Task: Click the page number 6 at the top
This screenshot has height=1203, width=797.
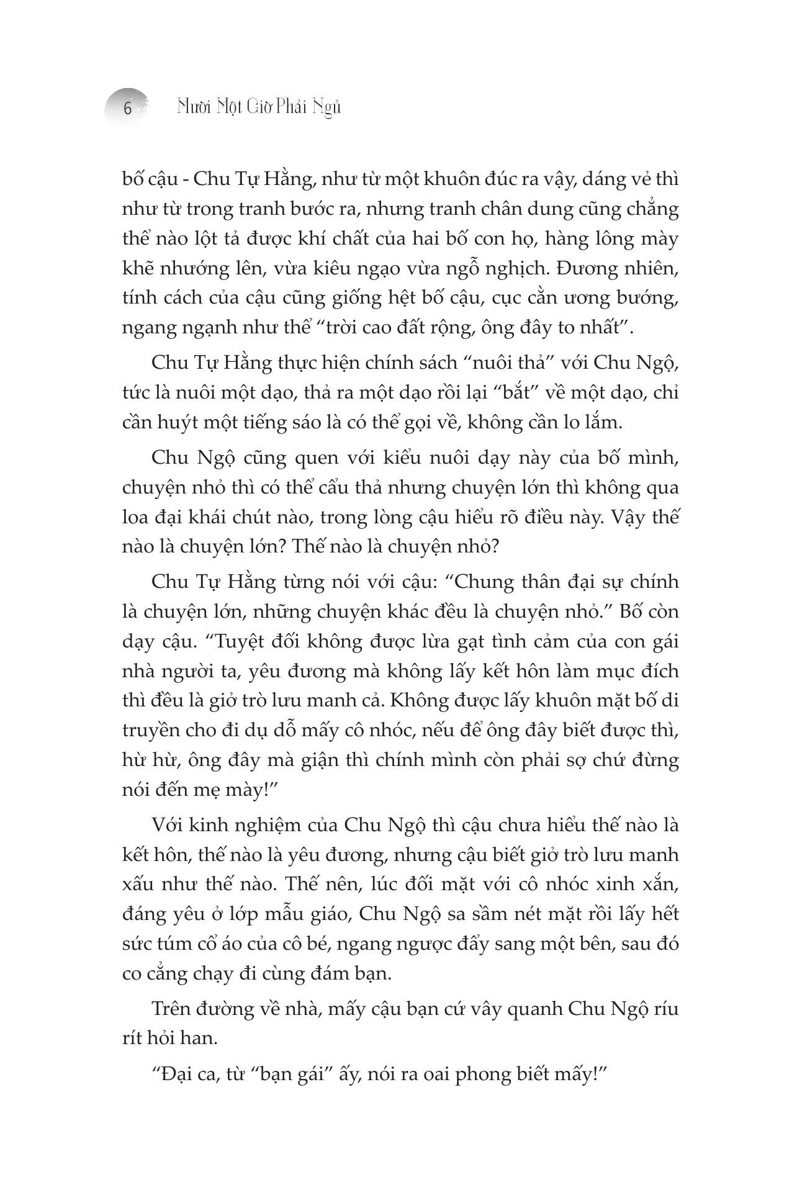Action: pyautogui.click(x=128, y=109)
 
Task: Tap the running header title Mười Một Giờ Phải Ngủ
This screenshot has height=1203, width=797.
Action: pyautogui.click(x=259, y=107)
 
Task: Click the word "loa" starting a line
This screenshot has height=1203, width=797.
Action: pyautogui.click(x=135, y=518)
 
